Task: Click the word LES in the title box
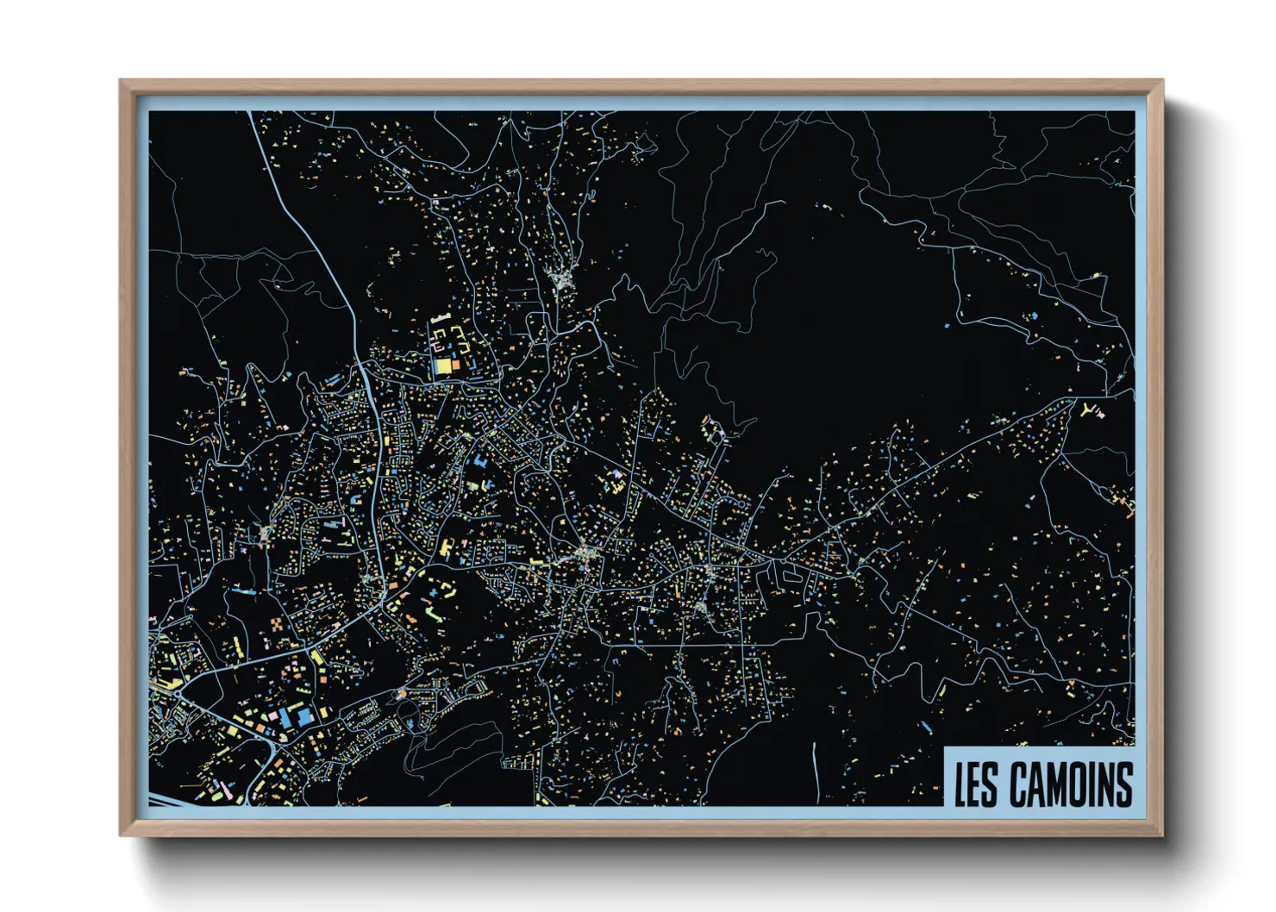pyautogui.click(x=975, y=784)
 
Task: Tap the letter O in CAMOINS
pyautogui.click(x=1077, y=784)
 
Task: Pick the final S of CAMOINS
pyautogui.click(x=1123, y=784)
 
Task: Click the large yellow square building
pyautogui.click(x=442, y=365)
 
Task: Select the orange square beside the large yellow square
pyautogui.click(x=456, y=365)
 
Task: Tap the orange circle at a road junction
pyautogui.click(x=401, y=694)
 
